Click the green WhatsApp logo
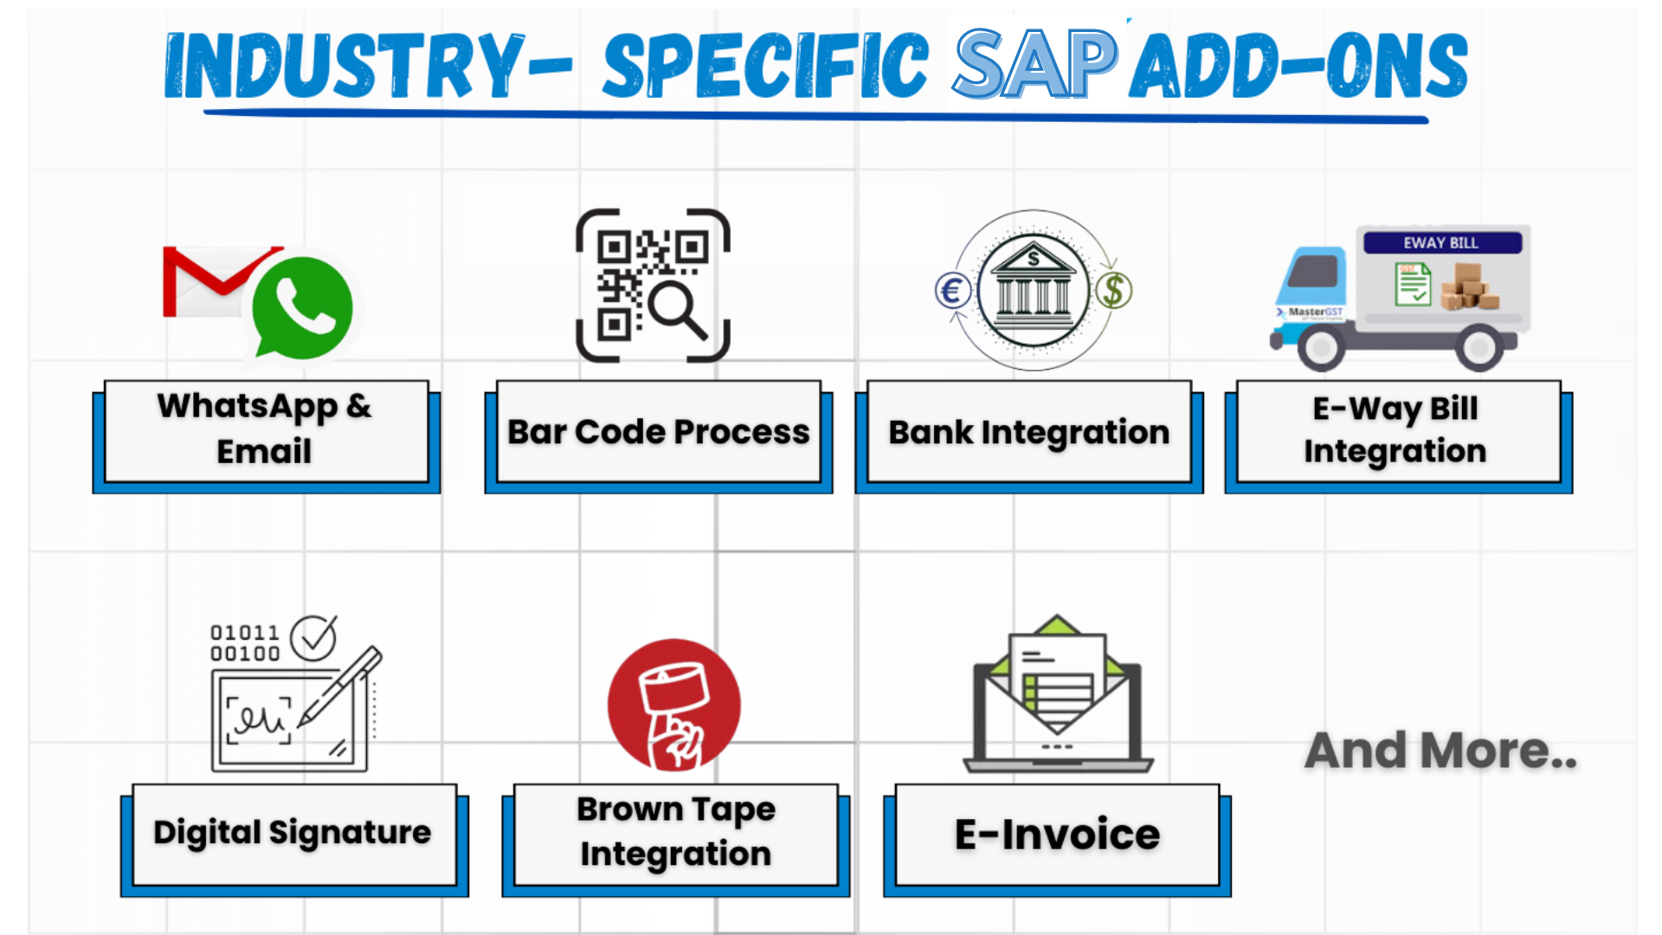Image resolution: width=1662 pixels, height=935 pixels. (302, 307)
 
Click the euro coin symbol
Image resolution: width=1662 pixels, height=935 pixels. (952, 291)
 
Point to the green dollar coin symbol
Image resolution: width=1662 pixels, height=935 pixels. (1114, 291)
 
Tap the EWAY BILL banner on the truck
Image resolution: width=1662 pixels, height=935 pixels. (1441, 243)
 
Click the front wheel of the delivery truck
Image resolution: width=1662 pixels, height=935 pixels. (1321, 348)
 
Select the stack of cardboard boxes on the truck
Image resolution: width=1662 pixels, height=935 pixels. (1468, 289)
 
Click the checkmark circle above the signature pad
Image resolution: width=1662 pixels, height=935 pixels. (312, 638)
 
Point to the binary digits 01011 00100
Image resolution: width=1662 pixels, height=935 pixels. (245, 643)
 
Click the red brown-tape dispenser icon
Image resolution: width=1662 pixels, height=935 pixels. (674, 705)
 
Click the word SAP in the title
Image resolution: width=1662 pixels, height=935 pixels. (1035, 64)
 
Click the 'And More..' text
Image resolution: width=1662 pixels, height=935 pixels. (1440, 751)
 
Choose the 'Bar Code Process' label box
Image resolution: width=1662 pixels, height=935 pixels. (658, 432)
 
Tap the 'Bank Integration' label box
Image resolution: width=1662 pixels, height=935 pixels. (1029, 432)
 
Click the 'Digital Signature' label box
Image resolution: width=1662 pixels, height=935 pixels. (293, 833)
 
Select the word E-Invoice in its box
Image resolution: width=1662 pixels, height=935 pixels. (1057, 835)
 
